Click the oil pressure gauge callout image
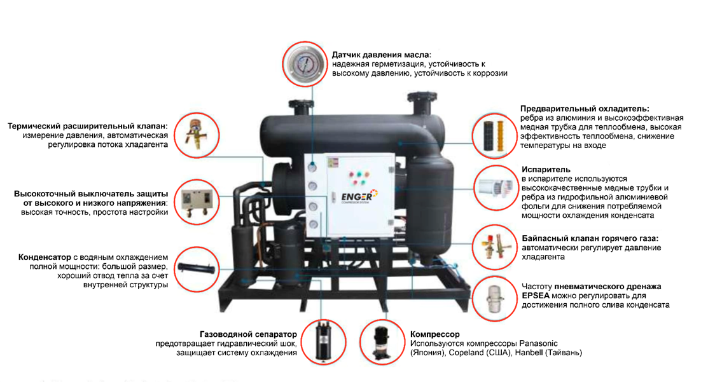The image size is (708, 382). pyautogui.click(x=305, y=64)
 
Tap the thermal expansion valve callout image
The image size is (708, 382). pyautogui.click(x=197, y=135)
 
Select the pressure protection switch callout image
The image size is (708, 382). pyautogui.click(x=197, y=202)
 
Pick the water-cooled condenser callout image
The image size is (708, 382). pyautogui.click(x=197, y=269)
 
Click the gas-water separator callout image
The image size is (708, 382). pyautogui.click(x=323, y=342)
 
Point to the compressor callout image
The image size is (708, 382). pyautogui.click(x=382, y=342)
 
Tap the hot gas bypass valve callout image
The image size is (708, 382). pyautogui.click(x=494, y=247)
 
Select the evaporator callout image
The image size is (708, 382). pyautogui.click(x=496, y=188)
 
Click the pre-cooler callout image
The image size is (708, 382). pyautogui.click(x=494, y=136)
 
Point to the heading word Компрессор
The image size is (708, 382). pyautogui.click(x=434, y=334)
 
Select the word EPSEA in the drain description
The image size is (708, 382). pyautogui.click(x=536, y=296)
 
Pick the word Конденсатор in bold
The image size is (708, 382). pyautogui.click(x=45, y=257)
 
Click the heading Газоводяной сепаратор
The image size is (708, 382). pyautogui.click(x=248, y=334)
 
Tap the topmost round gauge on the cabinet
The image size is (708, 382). pyautogui.click(x=312, y=167)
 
